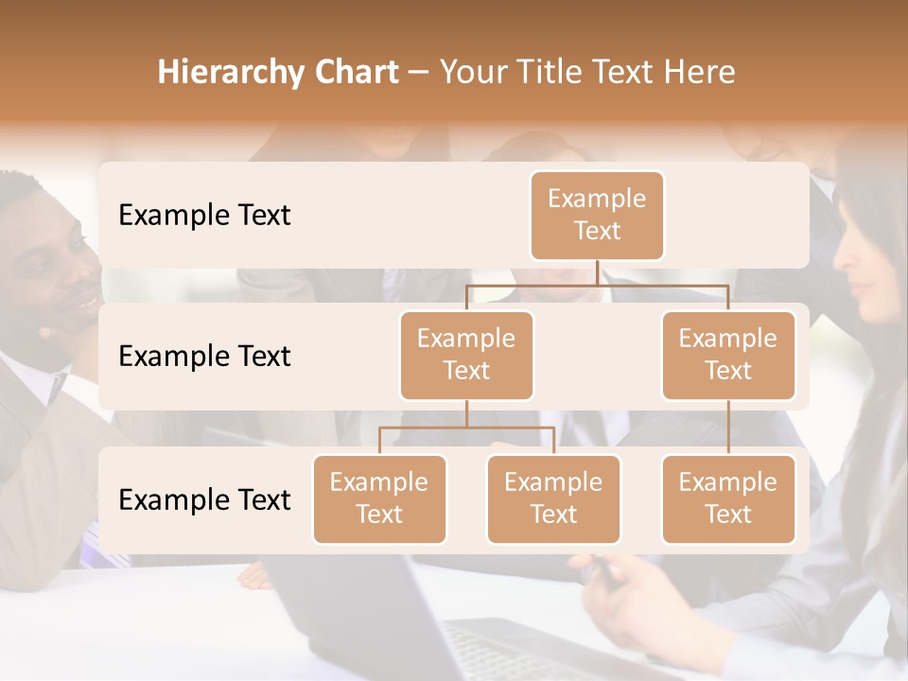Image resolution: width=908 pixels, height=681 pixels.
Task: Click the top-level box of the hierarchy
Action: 597,215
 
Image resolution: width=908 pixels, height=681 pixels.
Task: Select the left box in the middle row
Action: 466,355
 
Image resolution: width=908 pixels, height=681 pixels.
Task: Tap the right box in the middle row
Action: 728,355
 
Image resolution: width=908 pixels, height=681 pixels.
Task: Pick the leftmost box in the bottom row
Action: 379,498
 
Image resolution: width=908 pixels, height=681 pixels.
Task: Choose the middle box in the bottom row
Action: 553,498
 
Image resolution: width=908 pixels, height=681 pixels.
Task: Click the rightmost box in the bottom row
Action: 728,498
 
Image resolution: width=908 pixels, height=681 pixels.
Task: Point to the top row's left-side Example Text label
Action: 204,216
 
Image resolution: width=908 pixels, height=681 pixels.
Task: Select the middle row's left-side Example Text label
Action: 204,357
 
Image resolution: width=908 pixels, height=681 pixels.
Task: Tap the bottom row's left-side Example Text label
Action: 204,500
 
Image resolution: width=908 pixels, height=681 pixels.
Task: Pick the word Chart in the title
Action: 351,73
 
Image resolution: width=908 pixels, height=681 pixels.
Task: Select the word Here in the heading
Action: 701,73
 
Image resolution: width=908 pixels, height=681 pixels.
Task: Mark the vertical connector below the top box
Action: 597,272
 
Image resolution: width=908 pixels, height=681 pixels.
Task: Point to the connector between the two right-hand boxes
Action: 728,428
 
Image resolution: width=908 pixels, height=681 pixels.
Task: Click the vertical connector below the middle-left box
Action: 466,413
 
